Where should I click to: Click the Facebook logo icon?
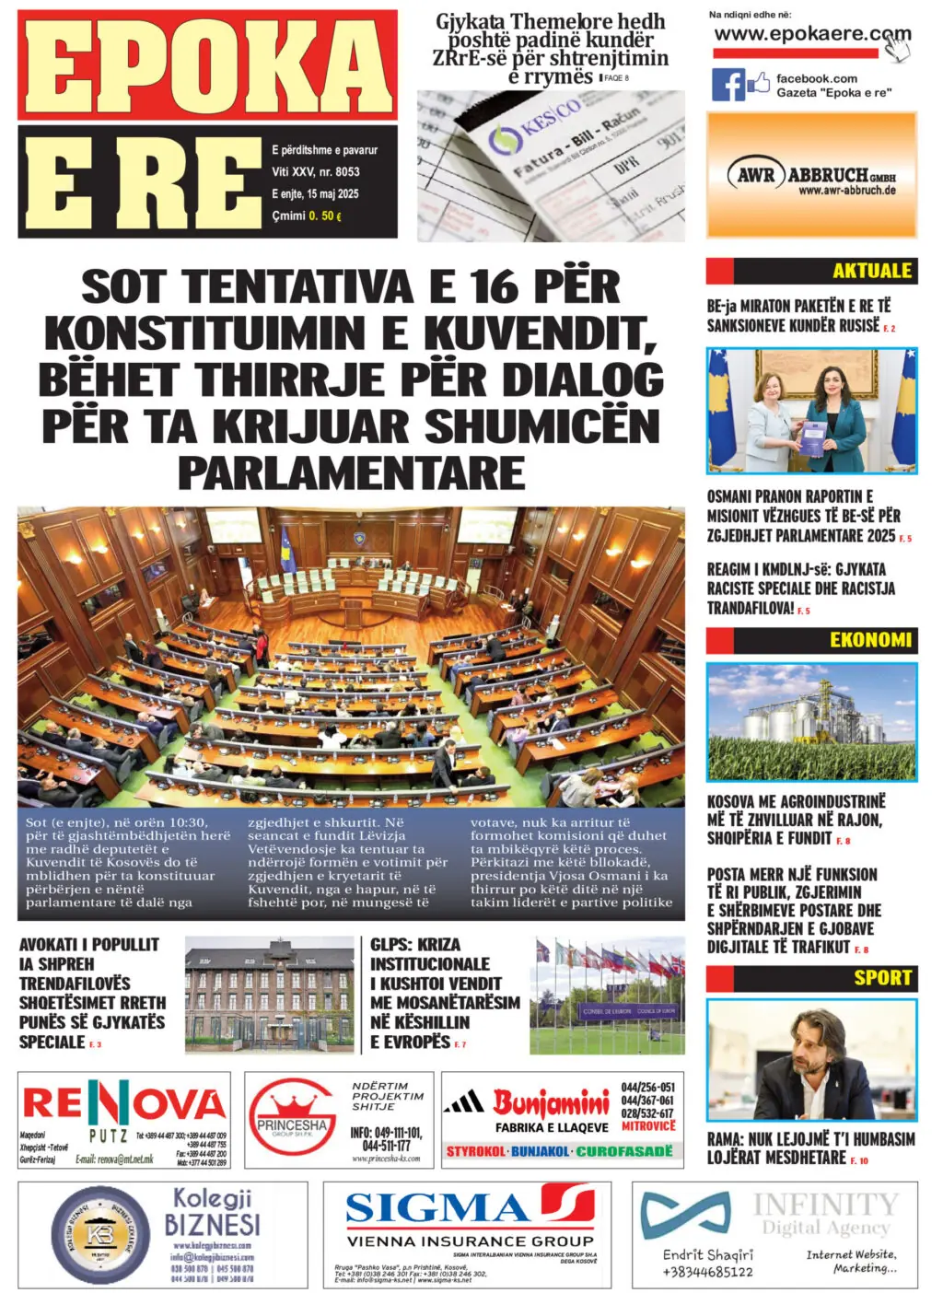[728, 85]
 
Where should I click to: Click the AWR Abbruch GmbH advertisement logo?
[811, 175]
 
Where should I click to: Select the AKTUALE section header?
[870, 271]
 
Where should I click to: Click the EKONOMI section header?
[869, 639]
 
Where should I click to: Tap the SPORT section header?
[881, 977]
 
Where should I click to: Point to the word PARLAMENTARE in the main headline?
[351, 472]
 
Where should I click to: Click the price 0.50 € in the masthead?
[324, 215]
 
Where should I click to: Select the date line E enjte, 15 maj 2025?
[315, 193]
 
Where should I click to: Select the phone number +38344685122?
[707, 1272]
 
